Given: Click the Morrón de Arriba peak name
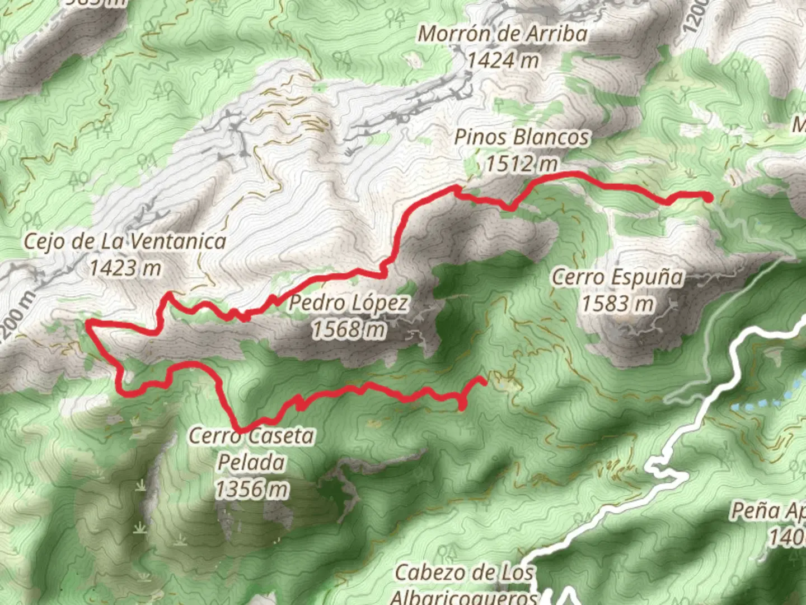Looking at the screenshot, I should pos(503,34).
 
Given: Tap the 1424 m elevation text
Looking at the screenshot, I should pos(503,59).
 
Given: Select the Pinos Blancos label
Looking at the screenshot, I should pos(522,137).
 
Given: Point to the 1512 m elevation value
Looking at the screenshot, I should pos(522,164).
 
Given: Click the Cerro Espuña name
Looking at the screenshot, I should pos(618,277).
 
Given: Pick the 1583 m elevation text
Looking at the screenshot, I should pos(618,304).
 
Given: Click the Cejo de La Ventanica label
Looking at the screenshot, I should pos(125,242).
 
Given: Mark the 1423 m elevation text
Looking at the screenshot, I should pos(125,268).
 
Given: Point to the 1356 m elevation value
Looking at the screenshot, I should pos(252,490).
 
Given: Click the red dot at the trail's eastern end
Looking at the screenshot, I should pos(708,197).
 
